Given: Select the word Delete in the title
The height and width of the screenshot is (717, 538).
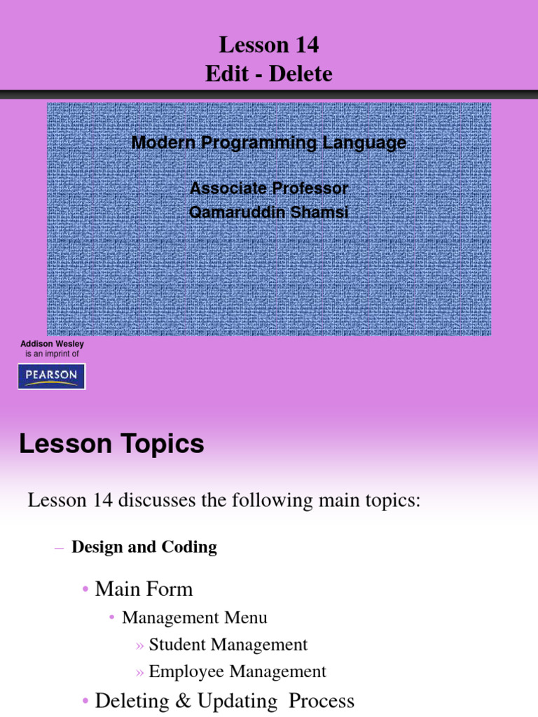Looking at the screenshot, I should click(301, 74).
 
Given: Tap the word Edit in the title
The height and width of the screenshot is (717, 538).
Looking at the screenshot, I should click(223, 74).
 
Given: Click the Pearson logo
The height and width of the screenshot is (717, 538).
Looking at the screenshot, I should click(51, 376).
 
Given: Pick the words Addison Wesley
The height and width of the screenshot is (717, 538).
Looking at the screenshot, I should click(52, 344).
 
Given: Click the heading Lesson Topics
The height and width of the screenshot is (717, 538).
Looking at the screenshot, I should click(112, 444).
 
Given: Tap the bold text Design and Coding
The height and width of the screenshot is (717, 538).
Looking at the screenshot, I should click(144, 547).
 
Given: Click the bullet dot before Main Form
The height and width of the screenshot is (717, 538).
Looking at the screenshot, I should click(85, 590).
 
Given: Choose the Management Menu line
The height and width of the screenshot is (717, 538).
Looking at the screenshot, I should click(194, 618).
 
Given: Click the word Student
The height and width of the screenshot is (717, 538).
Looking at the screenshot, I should click(177, 644).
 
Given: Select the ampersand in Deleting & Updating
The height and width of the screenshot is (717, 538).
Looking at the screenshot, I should click(184, 701).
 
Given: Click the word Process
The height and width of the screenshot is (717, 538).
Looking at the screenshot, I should click(322, 701).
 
